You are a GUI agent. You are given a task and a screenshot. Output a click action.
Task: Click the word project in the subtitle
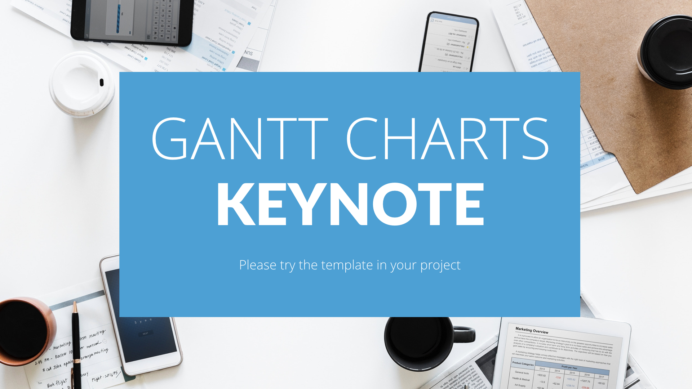(x=440, y=266)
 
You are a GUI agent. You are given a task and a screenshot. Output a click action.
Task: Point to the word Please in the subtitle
(x=258, y=265)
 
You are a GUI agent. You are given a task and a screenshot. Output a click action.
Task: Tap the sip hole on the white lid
(x=102, y=82)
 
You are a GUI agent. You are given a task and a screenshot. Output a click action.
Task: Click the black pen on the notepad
(x=76, y=346)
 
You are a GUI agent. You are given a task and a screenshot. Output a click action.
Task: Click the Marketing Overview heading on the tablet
(x=532, y=330)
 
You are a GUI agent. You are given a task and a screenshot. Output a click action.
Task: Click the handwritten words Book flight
(x=57, y=383)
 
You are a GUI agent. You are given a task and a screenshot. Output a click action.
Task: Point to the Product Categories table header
(x=523, y=363)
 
